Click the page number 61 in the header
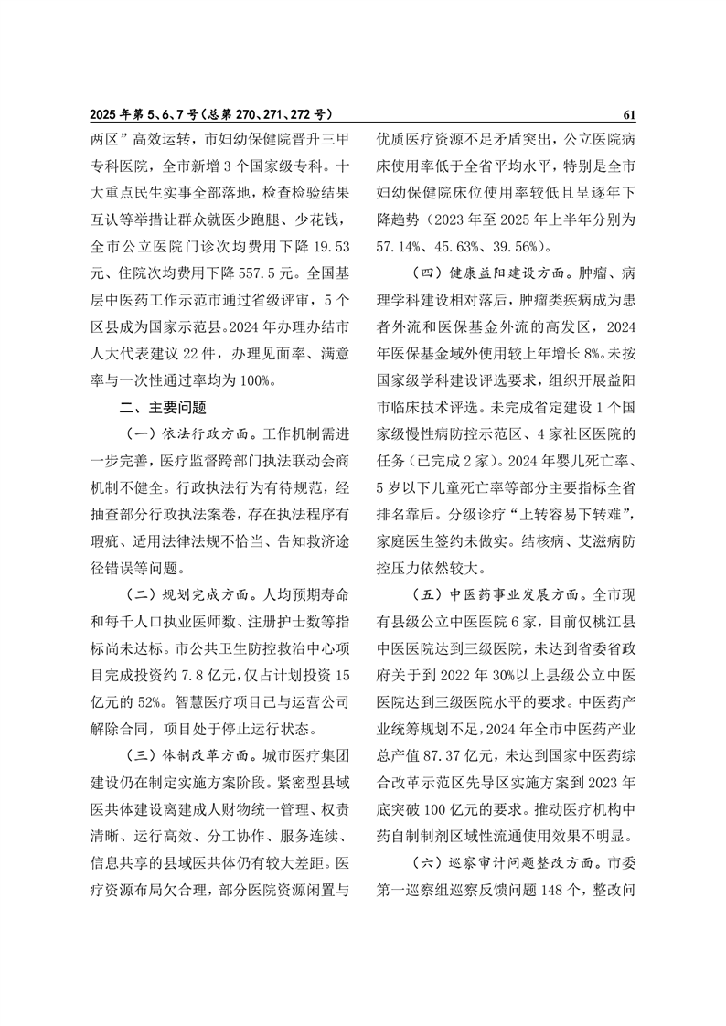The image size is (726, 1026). pos(628,115)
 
